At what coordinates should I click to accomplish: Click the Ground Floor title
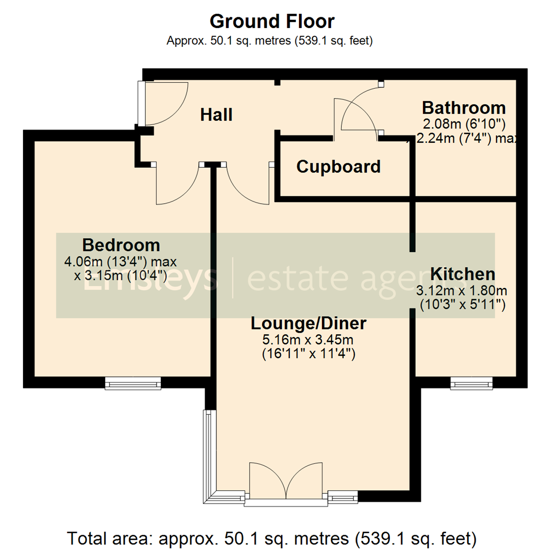[x=272, y=21]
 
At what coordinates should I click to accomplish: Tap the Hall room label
[x=216, y=115]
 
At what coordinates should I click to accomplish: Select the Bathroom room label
[x=464, y=108]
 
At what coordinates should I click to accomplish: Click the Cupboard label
[x=338, y=167]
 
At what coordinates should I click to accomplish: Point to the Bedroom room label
[x=121, y=245]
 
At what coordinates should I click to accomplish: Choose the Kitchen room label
[x=463, y=274]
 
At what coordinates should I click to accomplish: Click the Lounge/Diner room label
[x=309, y=323]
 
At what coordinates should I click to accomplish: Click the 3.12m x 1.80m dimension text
[x=462, y=291]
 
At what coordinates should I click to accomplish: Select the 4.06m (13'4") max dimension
[x=120, y=262]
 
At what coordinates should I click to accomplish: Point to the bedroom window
[x=133, y=383]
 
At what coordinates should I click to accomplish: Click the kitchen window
[x=472, y=383]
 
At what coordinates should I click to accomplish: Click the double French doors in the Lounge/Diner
[x=286, y=483]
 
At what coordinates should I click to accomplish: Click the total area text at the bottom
[x=272, y=538]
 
